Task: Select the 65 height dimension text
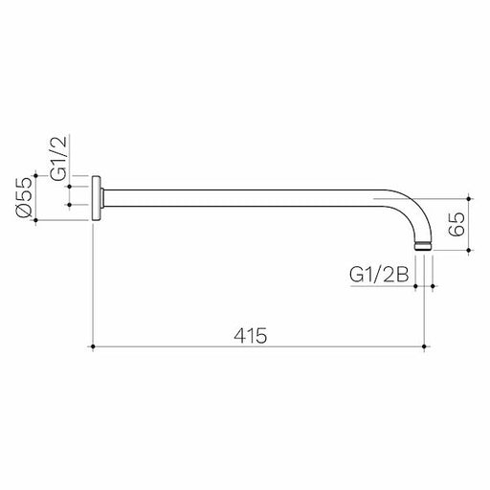point(457,226)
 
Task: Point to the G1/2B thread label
point(379,274)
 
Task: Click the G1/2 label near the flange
point(58,160)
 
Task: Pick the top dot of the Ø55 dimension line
point(36,176)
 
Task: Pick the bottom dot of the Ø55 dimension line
point(36,223)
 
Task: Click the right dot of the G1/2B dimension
point(435,285)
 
